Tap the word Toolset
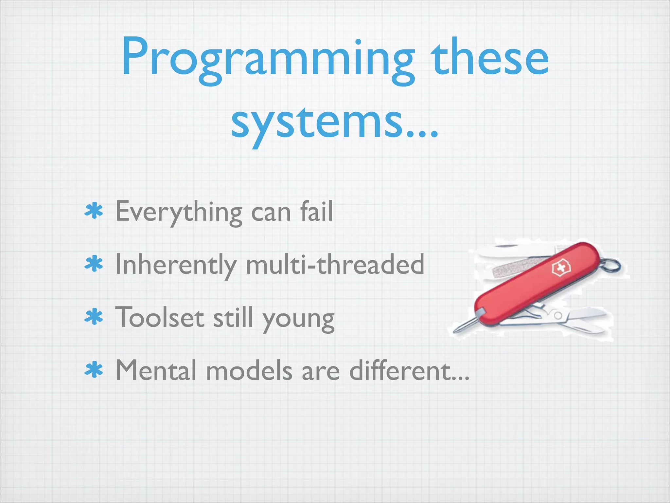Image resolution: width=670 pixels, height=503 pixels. [x=160, y=317]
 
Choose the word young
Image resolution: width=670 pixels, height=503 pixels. [x=298, y=319]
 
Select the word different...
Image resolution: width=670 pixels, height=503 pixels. [x=409, y=370]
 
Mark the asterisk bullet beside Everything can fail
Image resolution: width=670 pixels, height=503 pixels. [x=94, y=211]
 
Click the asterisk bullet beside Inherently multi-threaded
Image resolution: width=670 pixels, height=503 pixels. [x=94, y=264]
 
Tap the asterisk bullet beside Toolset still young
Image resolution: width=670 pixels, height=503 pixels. [x=94, y=317]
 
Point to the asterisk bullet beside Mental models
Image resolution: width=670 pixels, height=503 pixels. [x=94, y=370]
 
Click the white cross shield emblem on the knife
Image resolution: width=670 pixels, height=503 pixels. [x=561, y=269]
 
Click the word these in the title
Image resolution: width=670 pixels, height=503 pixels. [x=489, y=59]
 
